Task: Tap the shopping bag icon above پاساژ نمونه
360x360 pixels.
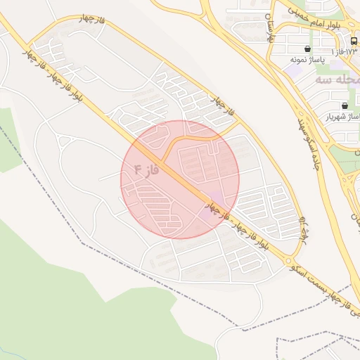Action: tap(308, 49)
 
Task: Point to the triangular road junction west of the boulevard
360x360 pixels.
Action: tap(66, 141)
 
